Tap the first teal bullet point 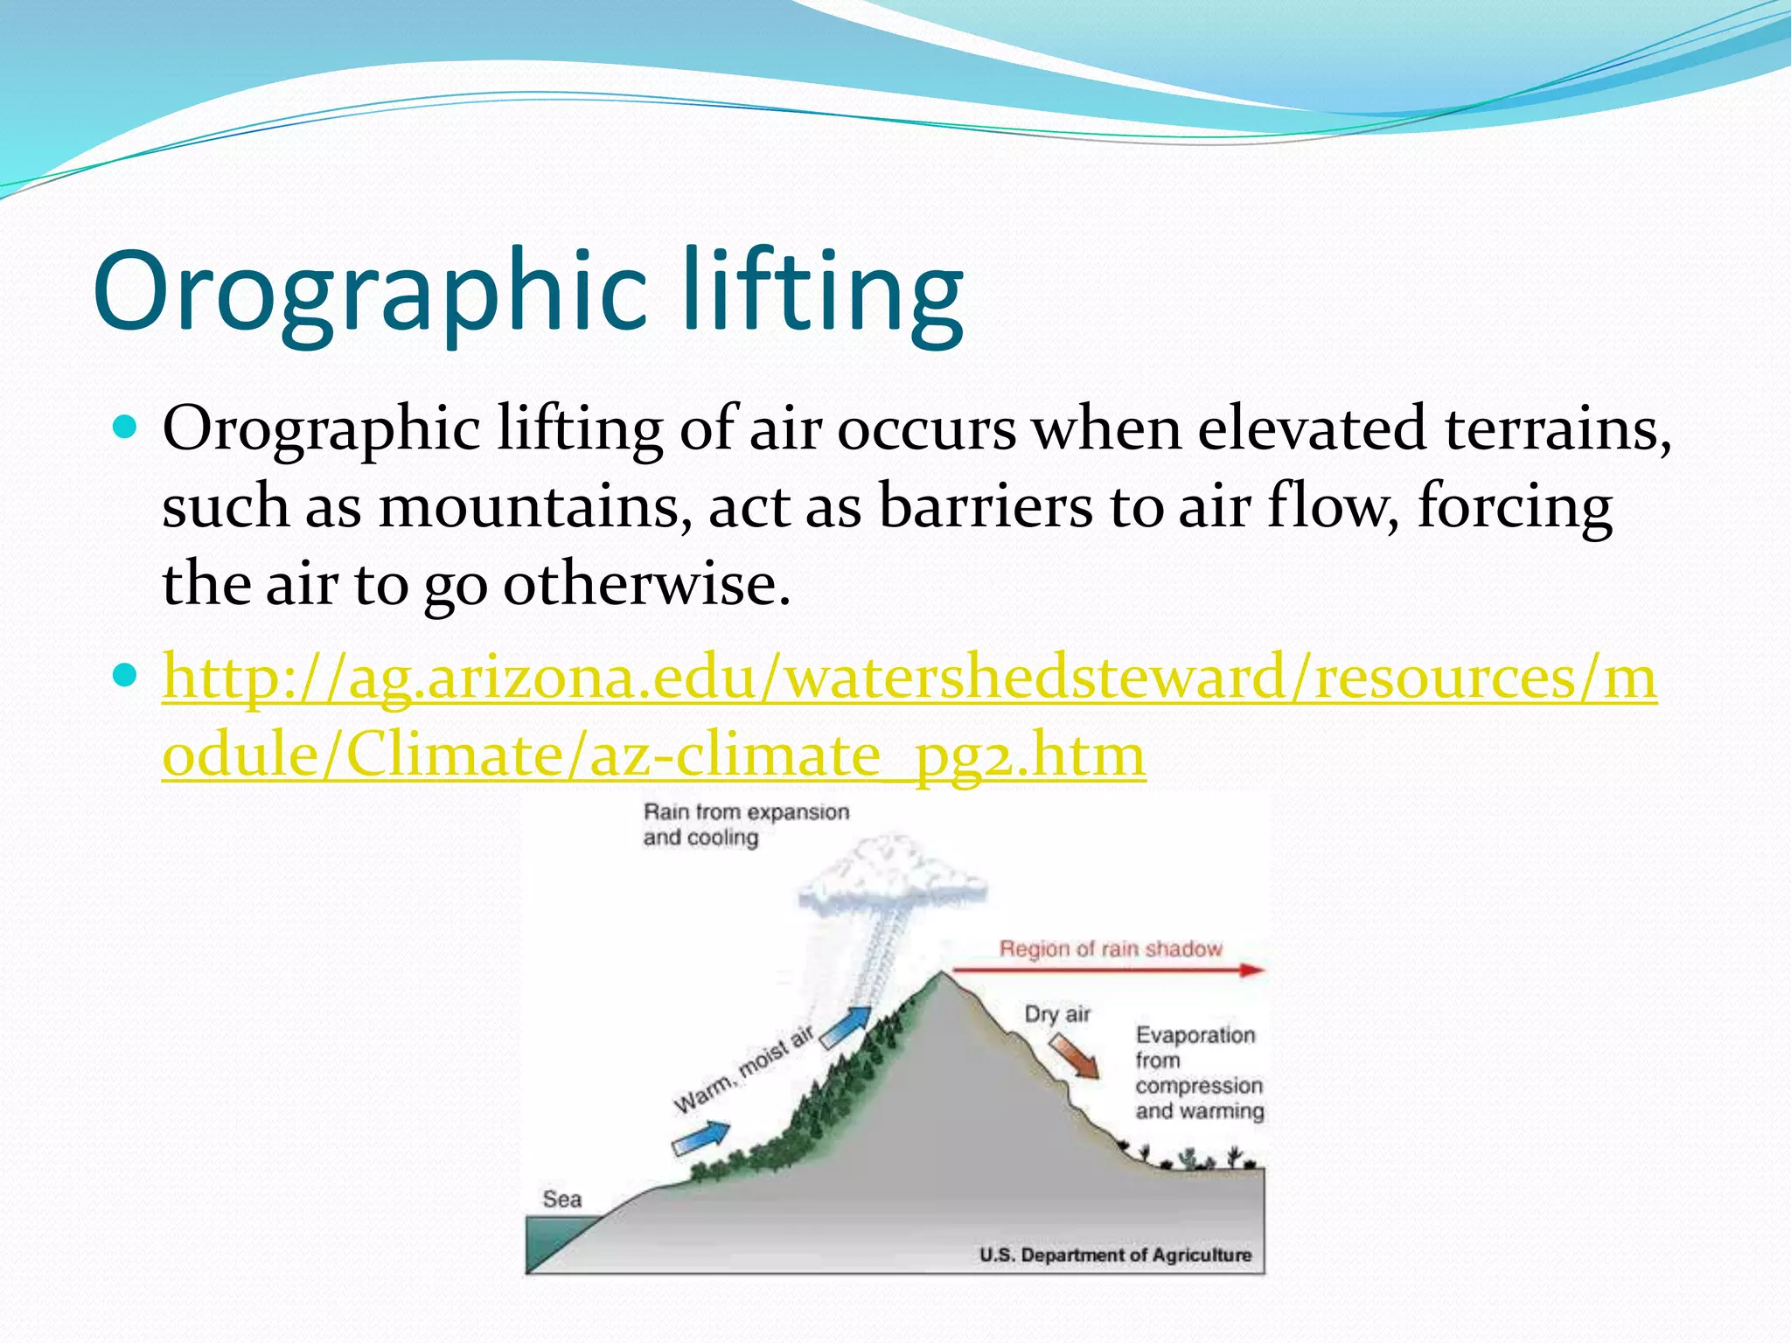(126, 427)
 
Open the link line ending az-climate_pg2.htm (653, 754)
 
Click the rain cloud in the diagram (892, 874)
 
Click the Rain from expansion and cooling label (745, 825)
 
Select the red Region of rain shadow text (1111, 949)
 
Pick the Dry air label (1057, 1014)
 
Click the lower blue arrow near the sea (700, 1138)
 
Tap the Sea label (561, 1199)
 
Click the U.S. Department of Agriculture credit (1115, 1255)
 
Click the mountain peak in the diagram (941, 974)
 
